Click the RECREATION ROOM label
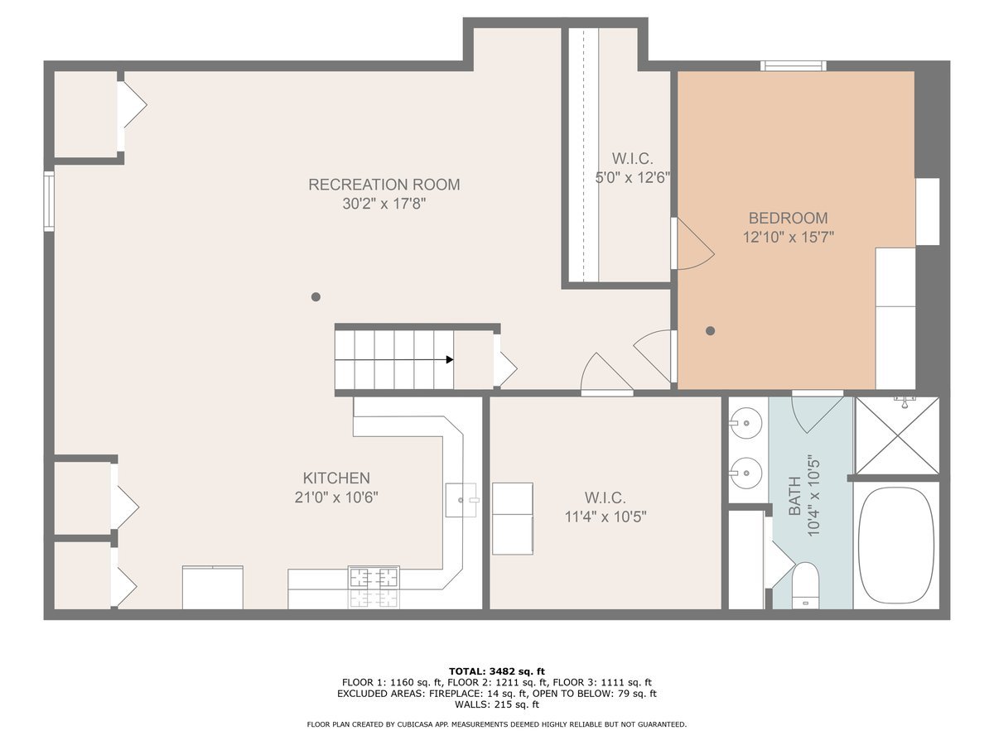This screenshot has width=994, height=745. (x=384, y=185)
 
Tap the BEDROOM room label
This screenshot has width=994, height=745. (x=788, y=218)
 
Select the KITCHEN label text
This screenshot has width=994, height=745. (x=336, y=478)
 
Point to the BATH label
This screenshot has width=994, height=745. (x=794, y=496)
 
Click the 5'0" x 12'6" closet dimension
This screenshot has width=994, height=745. (x=632, y=178)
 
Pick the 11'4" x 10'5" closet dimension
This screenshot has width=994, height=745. (x=606, y=517)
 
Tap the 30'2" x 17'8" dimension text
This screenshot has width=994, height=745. (x=384, y=204)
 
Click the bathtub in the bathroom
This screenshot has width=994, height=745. (x=896, y=545)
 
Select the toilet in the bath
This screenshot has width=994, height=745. (x=806, y=585)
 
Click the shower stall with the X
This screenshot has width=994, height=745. (x=897, y=435)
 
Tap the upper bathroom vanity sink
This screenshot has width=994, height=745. (x=745, y=423)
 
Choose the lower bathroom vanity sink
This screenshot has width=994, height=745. (x=745, y=473)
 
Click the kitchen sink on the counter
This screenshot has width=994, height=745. (x=461, y=500)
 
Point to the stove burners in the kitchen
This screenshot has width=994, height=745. (x=374, y=587)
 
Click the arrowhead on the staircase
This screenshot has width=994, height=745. (x=450, y=359)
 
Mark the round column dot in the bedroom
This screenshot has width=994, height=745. (x=710, y=330)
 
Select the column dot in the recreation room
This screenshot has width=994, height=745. (x=316, y=296)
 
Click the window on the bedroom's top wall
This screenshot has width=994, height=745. (x=794, y=65)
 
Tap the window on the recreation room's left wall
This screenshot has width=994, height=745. (x=49, y=201)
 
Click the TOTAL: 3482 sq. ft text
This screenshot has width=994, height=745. (x=497, y=671)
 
